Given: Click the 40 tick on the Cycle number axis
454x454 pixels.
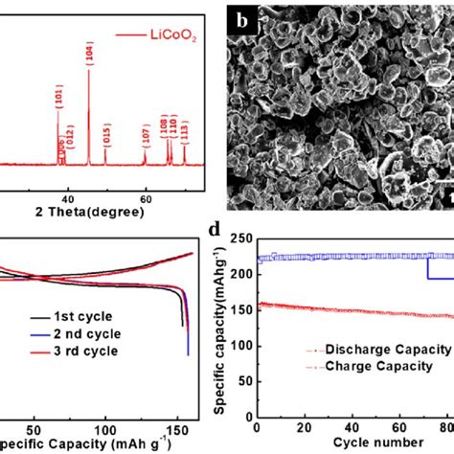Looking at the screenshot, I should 356,427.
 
